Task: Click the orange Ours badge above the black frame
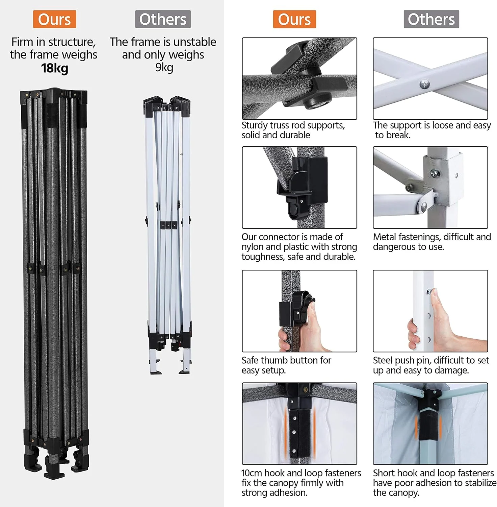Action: pos(54,19)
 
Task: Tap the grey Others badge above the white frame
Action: pos(163,19)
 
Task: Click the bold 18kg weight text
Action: pos(55,68)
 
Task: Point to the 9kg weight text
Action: pos(164,67)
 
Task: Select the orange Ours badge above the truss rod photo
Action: pos(294,19)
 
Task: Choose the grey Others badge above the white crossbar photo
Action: pos(431,19)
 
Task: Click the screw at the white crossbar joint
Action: pos(425,84)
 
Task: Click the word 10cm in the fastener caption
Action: pos(251,473)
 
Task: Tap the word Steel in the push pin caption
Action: pos(383,360)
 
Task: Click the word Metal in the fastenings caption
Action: pos(384,237)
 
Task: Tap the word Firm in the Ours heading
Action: pos(22,42)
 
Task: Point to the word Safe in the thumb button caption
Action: pos(250,360)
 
